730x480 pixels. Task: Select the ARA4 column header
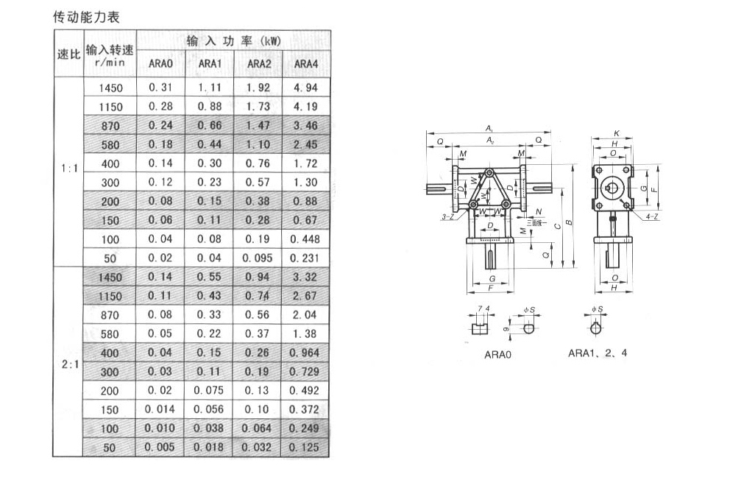(x=306, y=64)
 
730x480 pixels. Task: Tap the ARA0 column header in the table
(x=160, y=64)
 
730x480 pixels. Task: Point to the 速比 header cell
(x=68, y=54)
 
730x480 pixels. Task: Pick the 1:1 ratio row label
(x=68, y=169)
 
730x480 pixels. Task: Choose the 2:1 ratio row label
(x=68, y=362)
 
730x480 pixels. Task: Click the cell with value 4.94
(x=306, y=88)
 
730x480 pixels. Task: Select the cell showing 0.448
(x=306, y=239)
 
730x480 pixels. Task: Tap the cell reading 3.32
(x=306, y=277)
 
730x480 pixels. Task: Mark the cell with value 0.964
(x=305, y=353)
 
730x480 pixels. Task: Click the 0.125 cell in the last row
(x=305, y=448)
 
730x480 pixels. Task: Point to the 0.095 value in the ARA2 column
(x=258, y=258)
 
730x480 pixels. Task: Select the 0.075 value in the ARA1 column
(x=209, y=391)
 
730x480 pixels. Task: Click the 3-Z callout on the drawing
(x=448, y=217)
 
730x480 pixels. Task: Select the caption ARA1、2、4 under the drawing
(x=598, y=353)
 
